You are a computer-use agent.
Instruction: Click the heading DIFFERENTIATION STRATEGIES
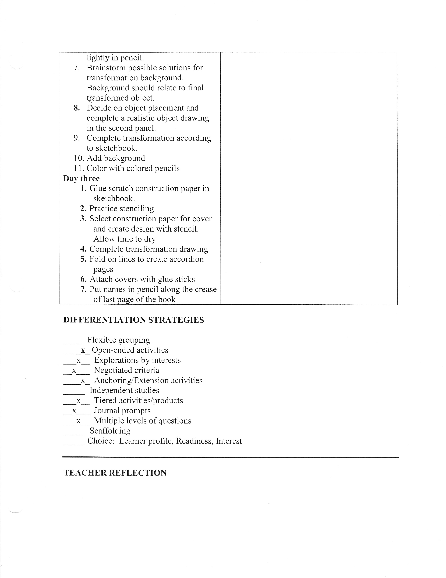[133, 320]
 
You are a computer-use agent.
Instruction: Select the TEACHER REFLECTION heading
[115, 473]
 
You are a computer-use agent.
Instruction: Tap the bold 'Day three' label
[81, 178]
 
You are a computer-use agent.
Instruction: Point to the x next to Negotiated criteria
[74, 370]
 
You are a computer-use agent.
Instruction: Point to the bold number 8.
[77, 108]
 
